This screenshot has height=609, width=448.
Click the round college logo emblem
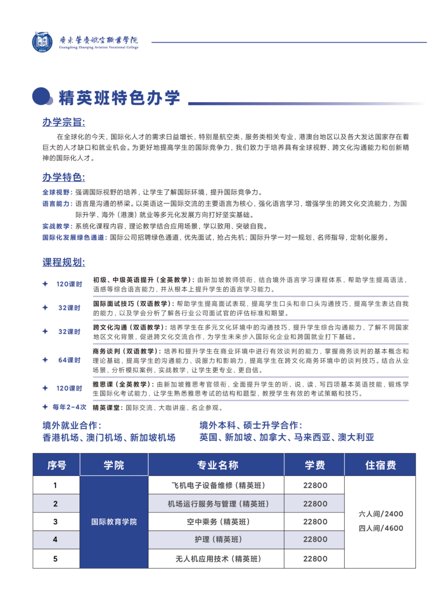(42, 42)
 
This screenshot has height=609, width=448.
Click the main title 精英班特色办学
(119, 98)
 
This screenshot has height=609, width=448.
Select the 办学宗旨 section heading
(63, 122)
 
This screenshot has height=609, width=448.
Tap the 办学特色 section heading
(63, 177)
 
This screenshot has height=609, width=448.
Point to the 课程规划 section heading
(63, 263)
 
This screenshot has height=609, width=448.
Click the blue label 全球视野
(56, 192)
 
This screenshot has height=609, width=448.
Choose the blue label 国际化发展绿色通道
(74, 238)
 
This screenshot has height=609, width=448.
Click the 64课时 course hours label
(69, 360)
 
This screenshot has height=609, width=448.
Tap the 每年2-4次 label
(69, 407)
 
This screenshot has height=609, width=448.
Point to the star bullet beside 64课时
(45, 360)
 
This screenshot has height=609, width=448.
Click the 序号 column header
(56, 465)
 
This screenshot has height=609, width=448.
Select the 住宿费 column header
(380, 465)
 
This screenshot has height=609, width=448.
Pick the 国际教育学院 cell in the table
(114, 522)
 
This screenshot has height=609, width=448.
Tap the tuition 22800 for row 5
(315, 559)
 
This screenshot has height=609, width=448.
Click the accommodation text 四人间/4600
(381, 528)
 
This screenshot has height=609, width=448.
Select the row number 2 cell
(56, 504)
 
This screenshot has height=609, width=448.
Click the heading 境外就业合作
(72, 425)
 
